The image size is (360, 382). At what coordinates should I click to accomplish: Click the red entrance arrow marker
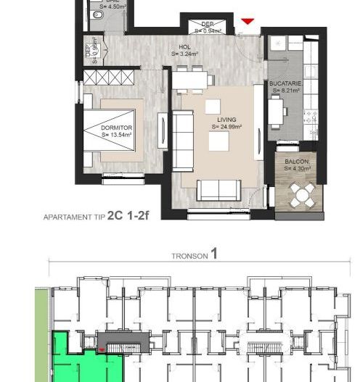click(x=247, y=22)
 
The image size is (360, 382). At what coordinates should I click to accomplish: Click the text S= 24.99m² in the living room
click(x=226, y=126)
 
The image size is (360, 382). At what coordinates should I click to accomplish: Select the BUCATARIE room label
click(x=285, y=84)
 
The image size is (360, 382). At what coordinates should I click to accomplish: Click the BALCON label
click(x=298, y=161)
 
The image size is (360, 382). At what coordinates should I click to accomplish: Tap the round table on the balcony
click(x=300, y=193)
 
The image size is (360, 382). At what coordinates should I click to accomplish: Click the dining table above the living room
click(x=189, y=79)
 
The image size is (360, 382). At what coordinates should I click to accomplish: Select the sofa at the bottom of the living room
click(x=218, y=190)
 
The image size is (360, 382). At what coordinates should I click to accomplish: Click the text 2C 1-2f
click(x=128, y=215)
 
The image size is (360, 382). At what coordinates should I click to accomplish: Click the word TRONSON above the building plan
click(x=189, y=256)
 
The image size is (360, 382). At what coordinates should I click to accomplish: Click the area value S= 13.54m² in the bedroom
click(x=115, y=135)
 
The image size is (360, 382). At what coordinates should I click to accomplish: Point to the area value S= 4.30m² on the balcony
click(x=298, y=168)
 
